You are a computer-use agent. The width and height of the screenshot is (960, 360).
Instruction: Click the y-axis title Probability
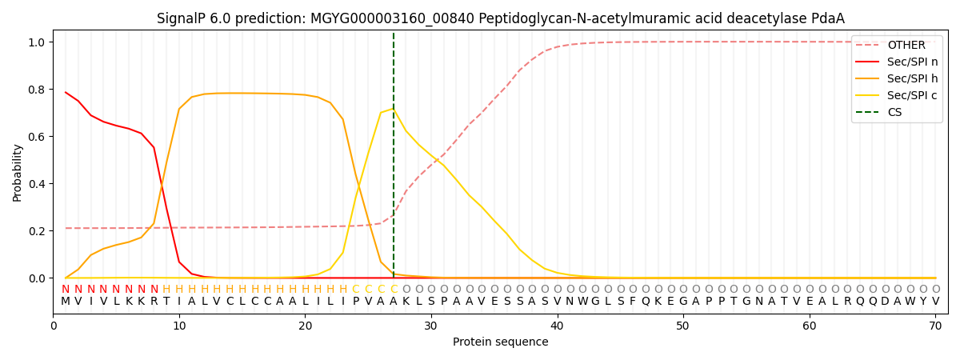[x=18, y=172]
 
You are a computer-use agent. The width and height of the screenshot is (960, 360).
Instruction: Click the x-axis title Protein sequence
[x=500, y=342]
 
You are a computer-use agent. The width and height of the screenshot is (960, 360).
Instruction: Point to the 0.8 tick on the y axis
[x=37, y=90]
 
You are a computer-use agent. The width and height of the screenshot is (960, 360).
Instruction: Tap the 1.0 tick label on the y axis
[x=37, y=42]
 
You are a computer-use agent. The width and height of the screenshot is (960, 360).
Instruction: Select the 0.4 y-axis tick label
[x=37, y=184]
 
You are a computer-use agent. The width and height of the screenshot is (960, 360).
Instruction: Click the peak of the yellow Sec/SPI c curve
[x=394, y=109]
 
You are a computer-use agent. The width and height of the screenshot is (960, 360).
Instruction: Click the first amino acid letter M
[x=66, y=302]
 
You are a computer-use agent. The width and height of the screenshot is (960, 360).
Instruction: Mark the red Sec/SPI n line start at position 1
[x=66, y=93]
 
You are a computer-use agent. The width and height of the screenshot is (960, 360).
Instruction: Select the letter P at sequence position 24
[x=356, y=302]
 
